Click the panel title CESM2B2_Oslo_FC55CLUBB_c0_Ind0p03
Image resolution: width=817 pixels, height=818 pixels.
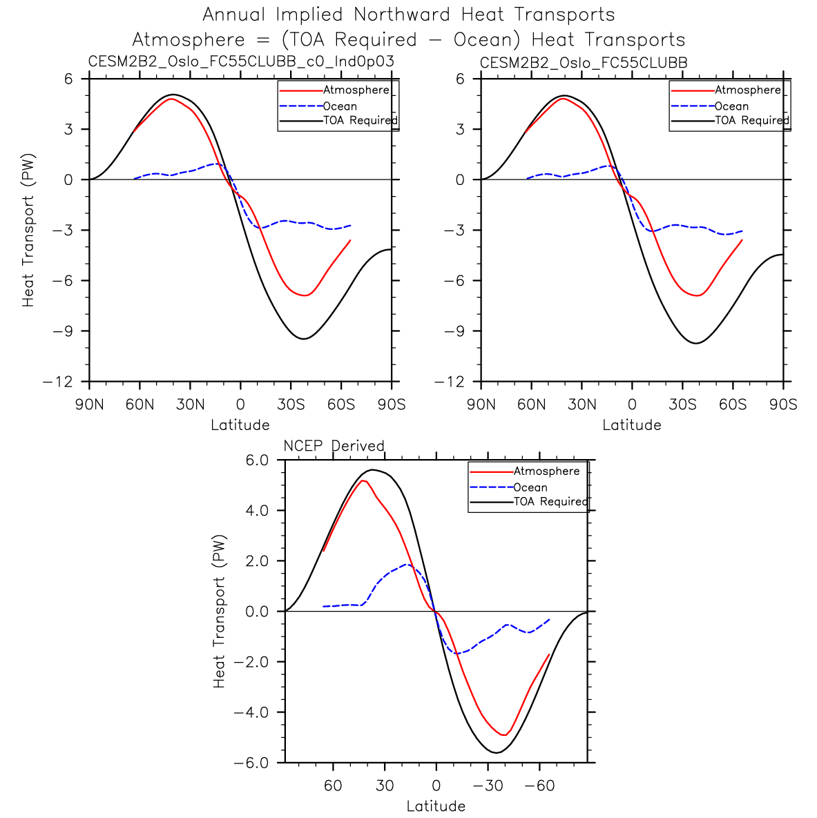(241, 61)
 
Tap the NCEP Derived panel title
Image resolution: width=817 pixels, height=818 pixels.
(334, 445)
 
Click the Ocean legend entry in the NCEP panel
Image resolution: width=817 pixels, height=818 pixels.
(530, 487)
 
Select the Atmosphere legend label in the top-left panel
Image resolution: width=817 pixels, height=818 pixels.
(356, 90)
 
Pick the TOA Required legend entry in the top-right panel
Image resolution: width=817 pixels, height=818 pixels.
(751, 120)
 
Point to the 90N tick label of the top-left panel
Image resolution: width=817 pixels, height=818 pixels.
(89, 405)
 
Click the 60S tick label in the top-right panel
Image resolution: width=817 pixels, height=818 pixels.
(733, 405)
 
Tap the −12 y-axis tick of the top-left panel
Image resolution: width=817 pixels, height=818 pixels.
(58, 382)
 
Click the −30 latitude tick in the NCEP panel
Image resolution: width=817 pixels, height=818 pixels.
(487, 786)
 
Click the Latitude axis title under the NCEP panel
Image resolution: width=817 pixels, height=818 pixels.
(436, 806)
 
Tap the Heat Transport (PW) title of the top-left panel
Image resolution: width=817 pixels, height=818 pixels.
(28, 230)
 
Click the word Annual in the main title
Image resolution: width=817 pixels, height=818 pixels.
(238, 14)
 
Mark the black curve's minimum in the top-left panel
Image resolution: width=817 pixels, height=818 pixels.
(303, 338)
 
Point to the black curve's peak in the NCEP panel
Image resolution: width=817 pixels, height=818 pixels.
(372, 469)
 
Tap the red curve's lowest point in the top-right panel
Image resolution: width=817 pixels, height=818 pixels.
(698, 295)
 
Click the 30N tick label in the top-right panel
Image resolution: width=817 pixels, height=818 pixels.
(581, 405)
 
